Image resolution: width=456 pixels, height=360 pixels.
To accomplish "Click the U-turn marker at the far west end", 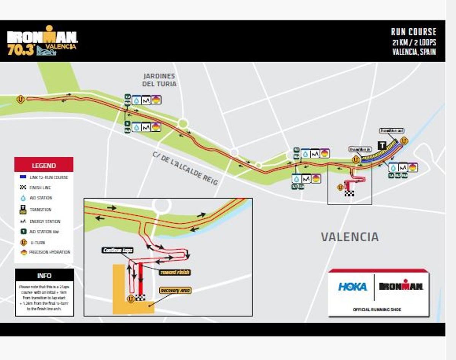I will coord(21,99).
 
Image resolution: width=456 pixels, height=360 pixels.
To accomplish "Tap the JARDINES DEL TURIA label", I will coord(159,80).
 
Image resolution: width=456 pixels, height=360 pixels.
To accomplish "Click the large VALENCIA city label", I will coord(350,237).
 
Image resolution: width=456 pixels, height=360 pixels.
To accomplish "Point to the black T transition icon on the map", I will coord(382,145).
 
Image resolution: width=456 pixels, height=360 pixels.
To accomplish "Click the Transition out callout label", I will coord(391,131).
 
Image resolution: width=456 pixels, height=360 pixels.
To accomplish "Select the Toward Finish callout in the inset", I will coord(174,272).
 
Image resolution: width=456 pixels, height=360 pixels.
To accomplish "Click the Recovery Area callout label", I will coord(175,291).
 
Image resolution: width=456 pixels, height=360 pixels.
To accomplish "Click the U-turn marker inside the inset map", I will coord(131,298).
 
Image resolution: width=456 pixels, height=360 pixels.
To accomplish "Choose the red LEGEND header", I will coord(44,165).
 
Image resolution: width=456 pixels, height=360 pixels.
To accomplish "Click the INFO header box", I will coord(44,276).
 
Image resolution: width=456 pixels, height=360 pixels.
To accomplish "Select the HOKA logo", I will coord(353,287).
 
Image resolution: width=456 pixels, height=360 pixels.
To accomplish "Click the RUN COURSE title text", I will coord(413,32).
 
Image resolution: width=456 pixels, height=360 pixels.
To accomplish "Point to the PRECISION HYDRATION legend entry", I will coord(46,252).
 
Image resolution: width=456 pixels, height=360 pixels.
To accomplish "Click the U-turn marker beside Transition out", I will coord(404,141).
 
